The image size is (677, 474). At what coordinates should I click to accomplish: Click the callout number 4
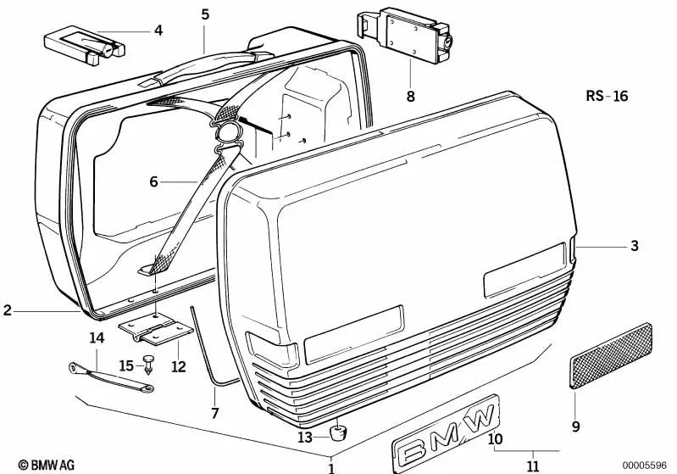tap(158, 31)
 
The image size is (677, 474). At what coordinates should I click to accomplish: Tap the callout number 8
tap(410, 96)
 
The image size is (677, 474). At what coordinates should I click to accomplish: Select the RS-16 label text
tap(606, 96)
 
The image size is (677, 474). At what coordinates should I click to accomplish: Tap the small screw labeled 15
tap(149, 363)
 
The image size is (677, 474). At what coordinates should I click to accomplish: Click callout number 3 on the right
tap(634, 247)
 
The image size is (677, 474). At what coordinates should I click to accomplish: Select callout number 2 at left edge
tap(7, 311)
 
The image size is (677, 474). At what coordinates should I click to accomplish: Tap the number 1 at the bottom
tap(331, 467)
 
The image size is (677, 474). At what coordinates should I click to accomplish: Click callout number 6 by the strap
tap(153, 181)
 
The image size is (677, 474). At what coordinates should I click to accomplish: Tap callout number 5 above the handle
tap(205, 14)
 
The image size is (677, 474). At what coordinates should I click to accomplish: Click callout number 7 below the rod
tap(214, 414)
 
